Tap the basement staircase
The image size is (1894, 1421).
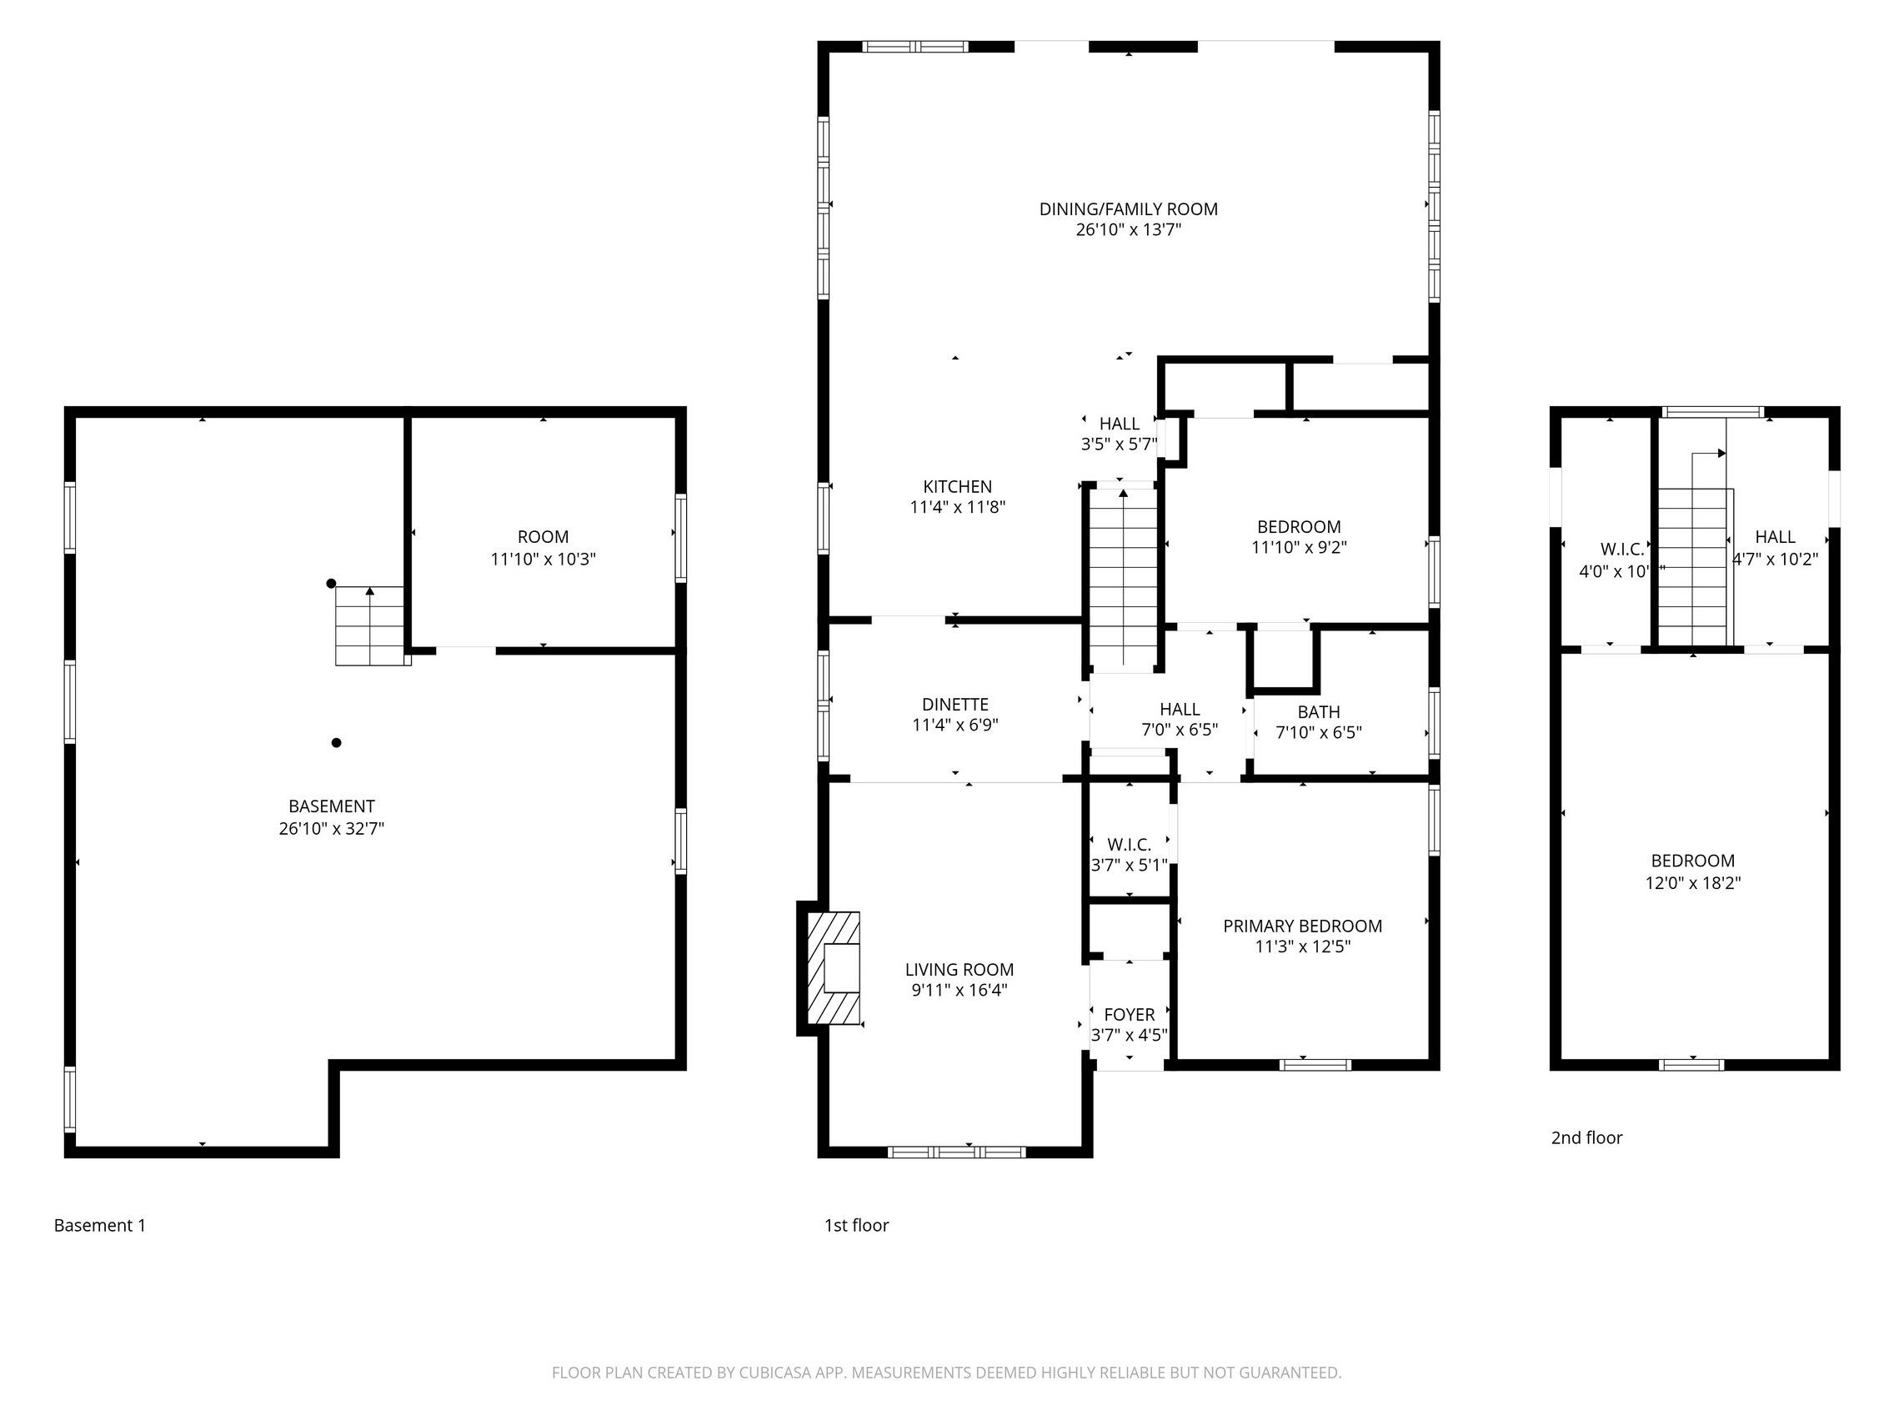(369, 625)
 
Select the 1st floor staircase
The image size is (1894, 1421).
(1123, 575)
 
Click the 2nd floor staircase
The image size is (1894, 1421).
(1692, 566)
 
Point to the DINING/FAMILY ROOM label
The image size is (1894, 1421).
(1128, 209)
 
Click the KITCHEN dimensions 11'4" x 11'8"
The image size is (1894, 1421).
(956, 507)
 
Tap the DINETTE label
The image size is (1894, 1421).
(955, 704)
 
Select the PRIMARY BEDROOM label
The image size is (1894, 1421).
(1301, 926)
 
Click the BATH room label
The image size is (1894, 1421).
(1318, 712)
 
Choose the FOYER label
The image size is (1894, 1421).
(1129, 1014)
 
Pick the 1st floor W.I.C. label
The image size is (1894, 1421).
(1129, 845)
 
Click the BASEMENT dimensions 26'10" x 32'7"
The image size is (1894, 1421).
(331, 828)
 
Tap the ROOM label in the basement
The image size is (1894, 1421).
(543, 537)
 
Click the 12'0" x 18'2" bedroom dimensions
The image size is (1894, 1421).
(1692, 883)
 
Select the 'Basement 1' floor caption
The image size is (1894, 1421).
(99, 1226)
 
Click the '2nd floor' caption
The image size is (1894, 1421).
(1586, 1137)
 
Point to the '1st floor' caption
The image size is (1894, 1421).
(856, 1226)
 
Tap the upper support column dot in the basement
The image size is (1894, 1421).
(331, 583)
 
